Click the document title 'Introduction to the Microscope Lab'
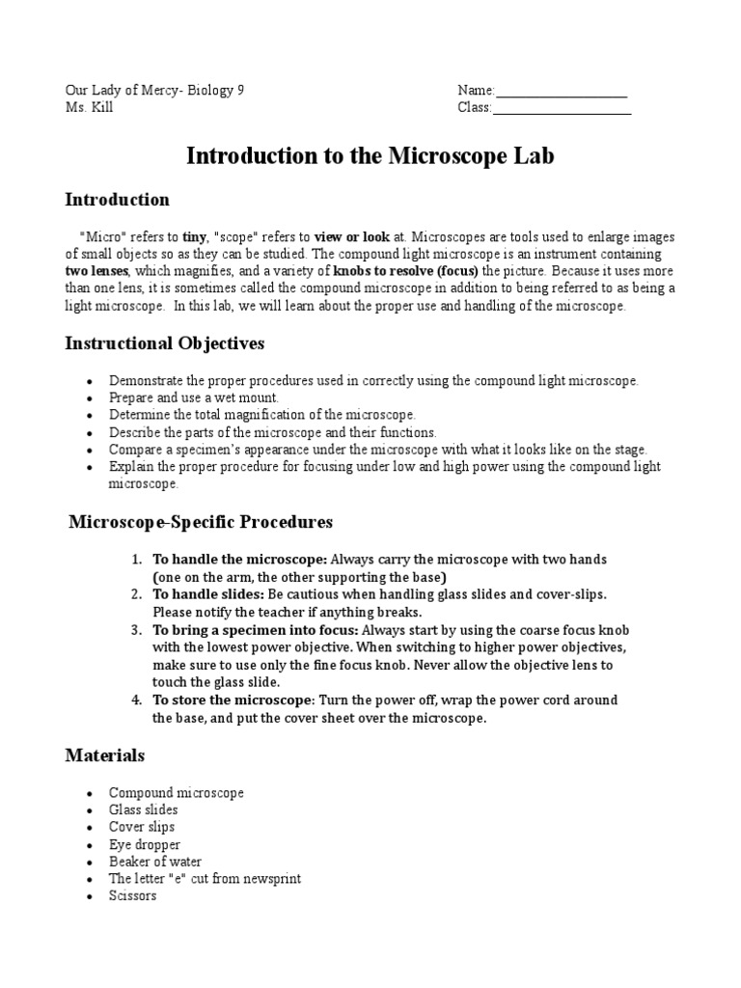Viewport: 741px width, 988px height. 370,155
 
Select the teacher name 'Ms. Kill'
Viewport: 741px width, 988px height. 89,107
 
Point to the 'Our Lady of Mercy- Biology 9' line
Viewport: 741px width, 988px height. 154,90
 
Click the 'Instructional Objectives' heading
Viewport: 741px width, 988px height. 164,343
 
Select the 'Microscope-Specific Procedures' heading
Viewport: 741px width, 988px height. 201,522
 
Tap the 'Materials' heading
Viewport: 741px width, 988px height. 104,755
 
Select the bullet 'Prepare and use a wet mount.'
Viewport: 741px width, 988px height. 193,398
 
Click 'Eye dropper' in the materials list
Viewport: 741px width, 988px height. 145,844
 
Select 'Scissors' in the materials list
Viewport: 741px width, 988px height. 132,896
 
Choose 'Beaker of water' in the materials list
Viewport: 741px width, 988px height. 155,862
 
